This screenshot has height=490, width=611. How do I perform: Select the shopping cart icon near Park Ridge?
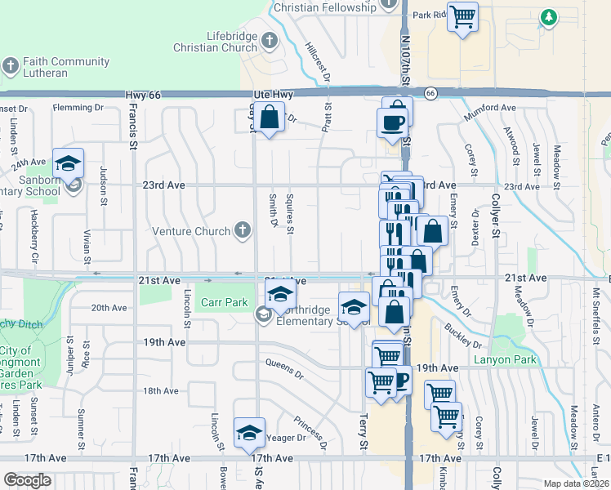pyautogui.click(x=463, y=17)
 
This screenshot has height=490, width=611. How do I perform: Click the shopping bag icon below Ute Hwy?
pyautogui.click(x=269, y=119)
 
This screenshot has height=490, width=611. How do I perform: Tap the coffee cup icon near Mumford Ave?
pyautogui.click(x=392, y=123)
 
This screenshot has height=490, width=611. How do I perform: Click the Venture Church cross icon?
pyautogui.click(x=242, y=231)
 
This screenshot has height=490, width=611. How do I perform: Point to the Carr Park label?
pyautogui.click(x=225, y=302)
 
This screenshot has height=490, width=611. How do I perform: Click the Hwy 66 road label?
pyautogui.click(x=144, y=96)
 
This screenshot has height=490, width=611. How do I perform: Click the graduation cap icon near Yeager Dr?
pyautogui.click(x=249, y=434)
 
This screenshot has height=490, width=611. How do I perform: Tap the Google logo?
pyautogui.click(x=28, y=480)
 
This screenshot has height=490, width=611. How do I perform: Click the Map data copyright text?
pyautogui.click(x=575, y=483)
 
